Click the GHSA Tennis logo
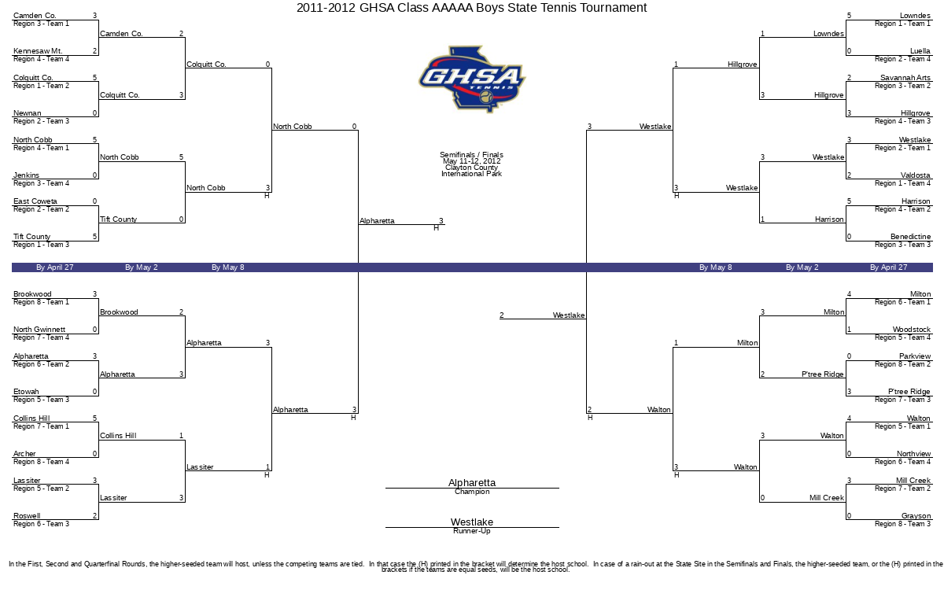click(x=472, y=79)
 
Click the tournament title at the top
click(x=471, y=8)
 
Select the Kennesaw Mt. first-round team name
click(x=38, y=51)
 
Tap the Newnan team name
click(x=28, y=113)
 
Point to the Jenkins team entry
click(x=26, y=175)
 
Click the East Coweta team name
click(x=35, y=201)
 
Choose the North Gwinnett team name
click(x=39, y=329)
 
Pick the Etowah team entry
click(x=26, y=392)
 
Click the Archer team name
click(x=24, y=453)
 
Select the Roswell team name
click(x=27, y=515)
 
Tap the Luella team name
click(x=920, y=51)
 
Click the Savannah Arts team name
click(x=905, y=78)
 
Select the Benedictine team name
click(x=910, y=237)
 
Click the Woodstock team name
click(x=912, y=329)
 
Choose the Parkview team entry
click(x=914, y=356)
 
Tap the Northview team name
click(x=913, y=453)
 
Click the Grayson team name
click(x=916, y=515)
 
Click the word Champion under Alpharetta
click(x=472, y=492)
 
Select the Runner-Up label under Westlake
click(x=472, y=531)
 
